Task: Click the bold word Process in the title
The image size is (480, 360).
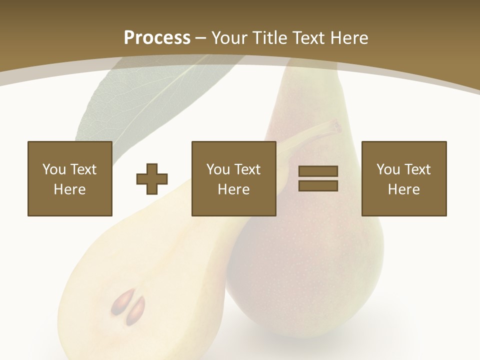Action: pyautogui.click(x=157, y=37)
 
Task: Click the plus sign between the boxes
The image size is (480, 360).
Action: pyautogui.click(x=152, y=178)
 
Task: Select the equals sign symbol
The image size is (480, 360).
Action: pyautogui.click(x=318, y=178)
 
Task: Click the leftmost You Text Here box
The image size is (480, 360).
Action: pyautogui.click(x=70, y=178)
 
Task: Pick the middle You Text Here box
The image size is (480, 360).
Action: pyautogui.click(x=233, y=178)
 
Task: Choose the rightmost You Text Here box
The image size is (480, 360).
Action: pyautogui.click(x=403, y=178)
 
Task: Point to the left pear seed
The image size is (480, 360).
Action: pyautogui.click(x=120, y=301)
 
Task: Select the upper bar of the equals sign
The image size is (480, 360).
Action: pyautogui.click(x=318, y=171)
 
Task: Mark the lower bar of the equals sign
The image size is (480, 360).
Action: pyautogui.click(x=318, y=185)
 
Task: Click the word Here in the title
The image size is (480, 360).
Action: pyautogui.click(x=349, y=37)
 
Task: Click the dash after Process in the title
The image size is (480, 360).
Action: pyautogui.click(x=201, y=38)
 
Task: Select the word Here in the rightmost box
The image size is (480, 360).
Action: pyautogui.click(x=403, y=189)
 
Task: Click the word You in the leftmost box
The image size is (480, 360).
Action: pyautogui.click(x=53, y=169)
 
